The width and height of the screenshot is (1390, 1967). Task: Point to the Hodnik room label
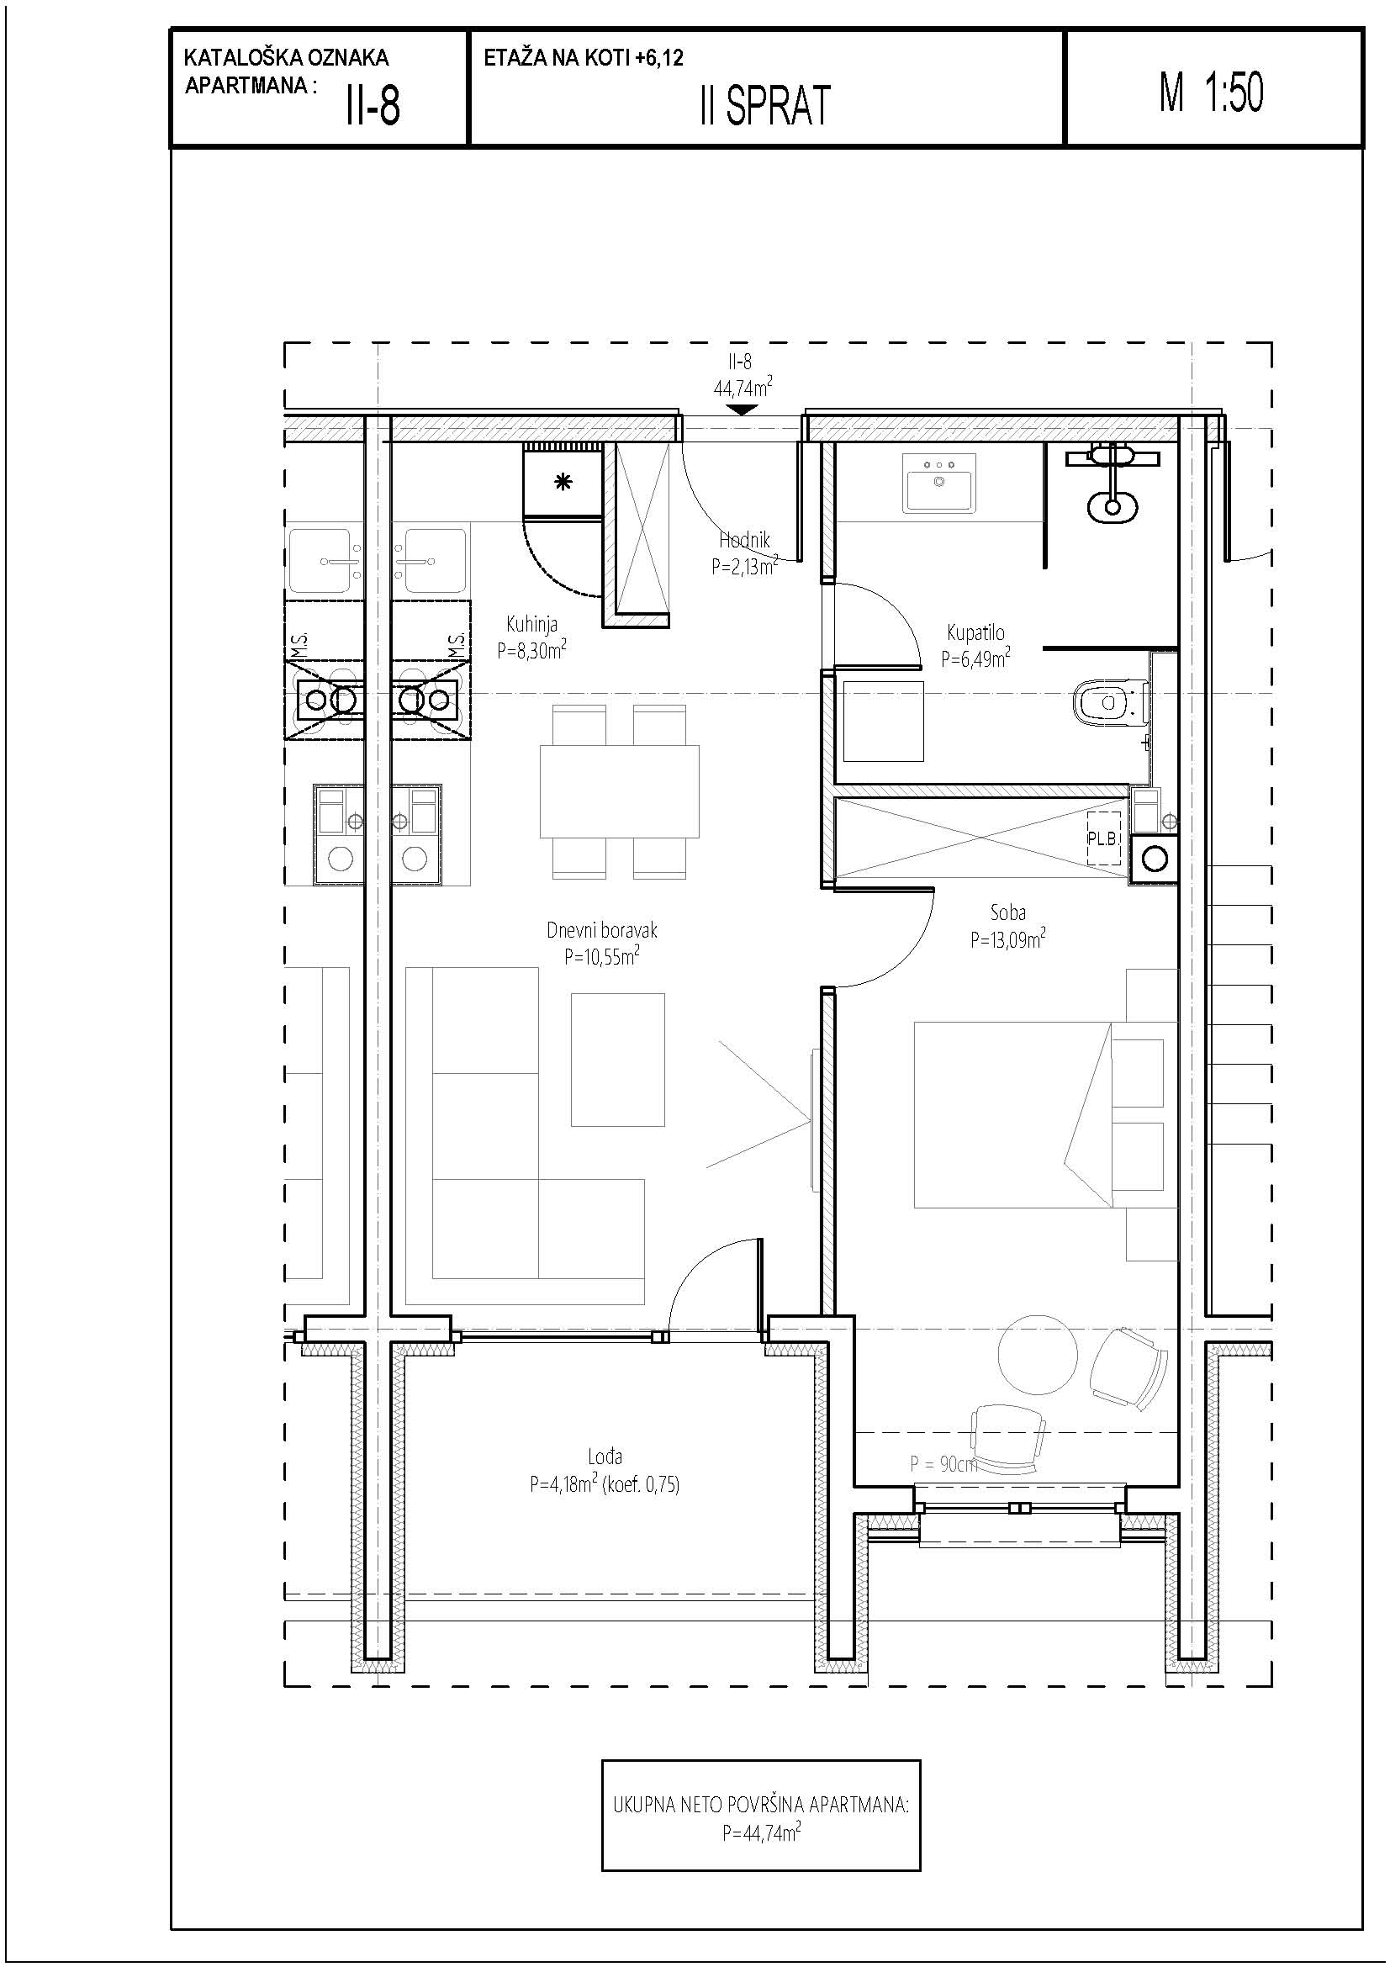(744, 541)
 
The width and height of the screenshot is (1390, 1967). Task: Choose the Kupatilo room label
(975, 633)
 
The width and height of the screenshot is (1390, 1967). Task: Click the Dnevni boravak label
(602, 930)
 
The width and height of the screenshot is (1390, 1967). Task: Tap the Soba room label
(1008, 913)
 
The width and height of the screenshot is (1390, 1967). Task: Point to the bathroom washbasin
(939, 484)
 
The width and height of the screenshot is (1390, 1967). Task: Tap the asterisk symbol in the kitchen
(563, 483)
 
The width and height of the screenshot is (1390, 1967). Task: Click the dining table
(619, 791)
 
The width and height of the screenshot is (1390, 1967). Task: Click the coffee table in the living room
(618, 1059)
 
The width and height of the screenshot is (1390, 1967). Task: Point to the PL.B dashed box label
(1103, 838)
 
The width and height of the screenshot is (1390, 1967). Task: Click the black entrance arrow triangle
(741, 410)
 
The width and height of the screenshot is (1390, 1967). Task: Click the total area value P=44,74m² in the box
(761, 1833)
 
